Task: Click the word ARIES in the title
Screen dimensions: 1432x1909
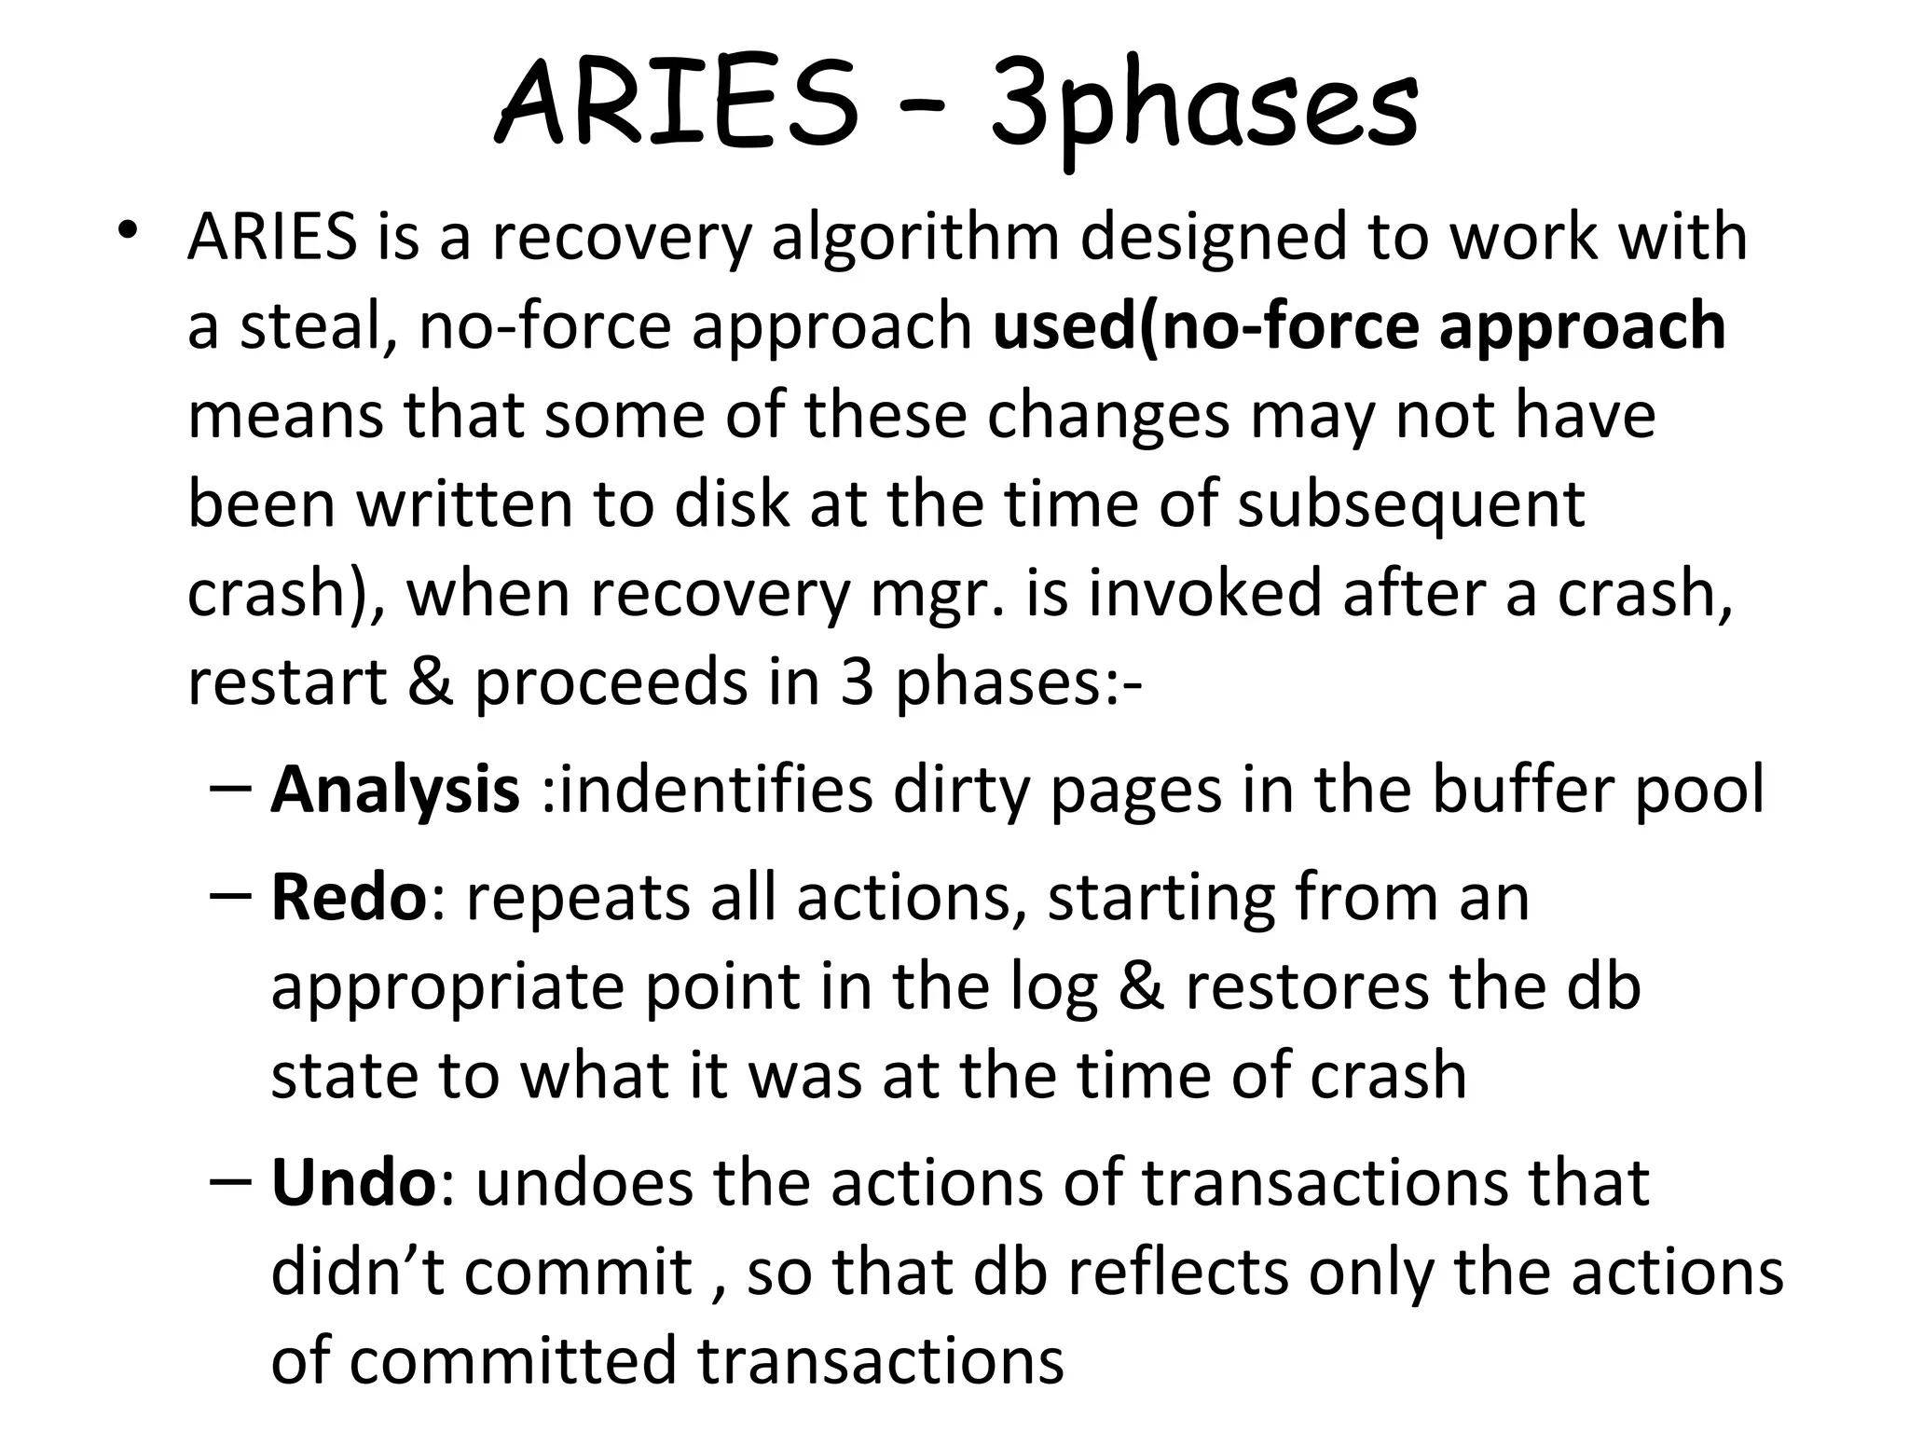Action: coord(677,104)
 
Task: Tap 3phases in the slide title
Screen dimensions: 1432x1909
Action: coord(1202,110)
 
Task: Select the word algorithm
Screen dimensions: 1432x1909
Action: coord(915,238)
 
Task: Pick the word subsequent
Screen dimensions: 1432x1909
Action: coord(1410,505)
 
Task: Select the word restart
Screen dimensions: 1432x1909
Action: coord(287,682)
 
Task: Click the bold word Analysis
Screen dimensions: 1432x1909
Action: coord(395,791)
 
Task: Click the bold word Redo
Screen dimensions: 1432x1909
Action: coord(349,898)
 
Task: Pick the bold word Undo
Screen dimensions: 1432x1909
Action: coord(352,1183)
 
